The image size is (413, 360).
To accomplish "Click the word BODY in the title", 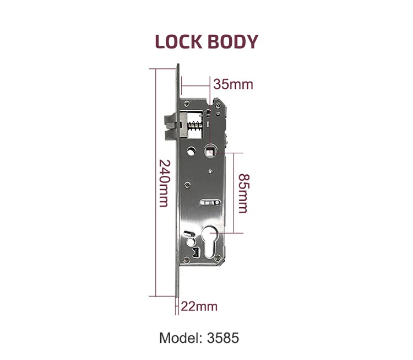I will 232,42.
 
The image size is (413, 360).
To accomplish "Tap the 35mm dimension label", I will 233,84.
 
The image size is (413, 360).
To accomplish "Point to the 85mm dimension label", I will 242,193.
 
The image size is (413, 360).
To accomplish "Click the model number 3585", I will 224,337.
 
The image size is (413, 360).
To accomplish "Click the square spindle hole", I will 210,149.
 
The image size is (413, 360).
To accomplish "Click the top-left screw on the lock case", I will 186,103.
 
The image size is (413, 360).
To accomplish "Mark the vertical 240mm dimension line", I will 154,184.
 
